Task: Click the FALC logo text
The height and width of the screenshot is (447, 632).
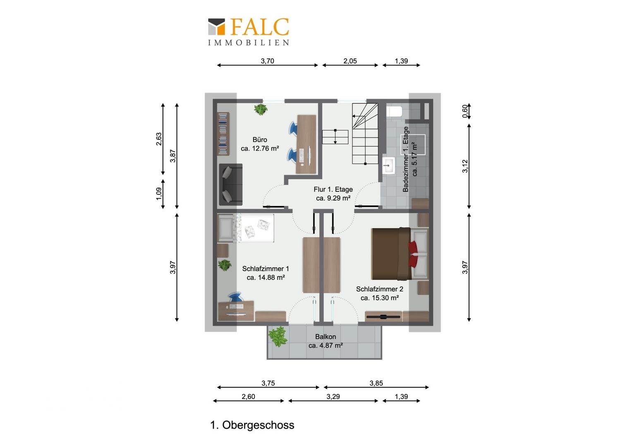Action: tap(260, 27)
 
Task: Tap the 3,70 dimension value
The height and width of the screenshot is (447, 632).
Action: tap(268, 61)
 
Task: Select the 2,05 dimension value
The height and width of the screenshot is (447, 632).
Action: tap(350, 61)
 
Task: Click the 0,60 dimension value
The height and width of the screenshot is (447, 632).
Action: tap(465, 111)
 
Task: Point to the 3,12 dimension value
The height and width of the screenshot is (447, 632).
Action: tap(465, 166)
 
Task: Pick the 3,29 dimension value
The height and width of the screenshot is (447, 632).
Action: tap(333, 397)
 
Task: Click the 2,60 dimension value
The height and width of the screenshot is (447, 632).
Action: tap(248, 397)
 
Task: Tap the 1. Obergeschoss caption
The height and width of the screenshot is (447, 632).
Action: tap(252, 425)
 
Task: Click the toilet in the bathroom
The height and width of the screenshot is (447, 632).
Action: tap(394, 111)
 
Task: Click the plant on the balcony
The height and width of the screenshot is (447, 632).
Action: tap(278, 336)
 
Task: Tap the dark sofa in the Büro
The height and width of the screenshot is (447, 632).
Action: tap(231, 185)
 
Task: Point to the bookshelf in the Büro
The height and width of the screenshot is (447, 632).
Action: tap(223, 134)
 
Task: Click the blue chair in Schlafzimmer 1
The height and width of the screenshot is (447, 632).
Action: tap(235, 297)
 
